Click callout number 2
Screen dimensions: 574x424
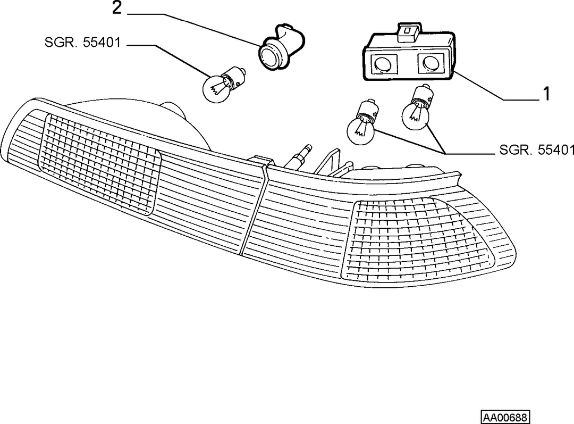[x=116, y=8]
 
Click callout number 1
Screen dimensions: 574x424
[x=546, y=94]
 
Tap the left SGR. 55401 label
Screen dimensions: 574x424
[x=82, y=43]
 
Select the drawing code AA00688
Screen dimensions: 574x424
[x=505, y=418]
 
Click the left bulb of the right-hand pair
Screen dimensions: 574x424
[x=362, y=122]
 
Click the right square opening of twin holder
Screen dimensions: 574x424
[x=430, y=62]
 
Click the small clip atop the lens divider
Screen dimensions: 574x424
[x=260, y=161]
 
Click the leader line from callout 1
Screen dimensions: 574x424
[x=496, y=86]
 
